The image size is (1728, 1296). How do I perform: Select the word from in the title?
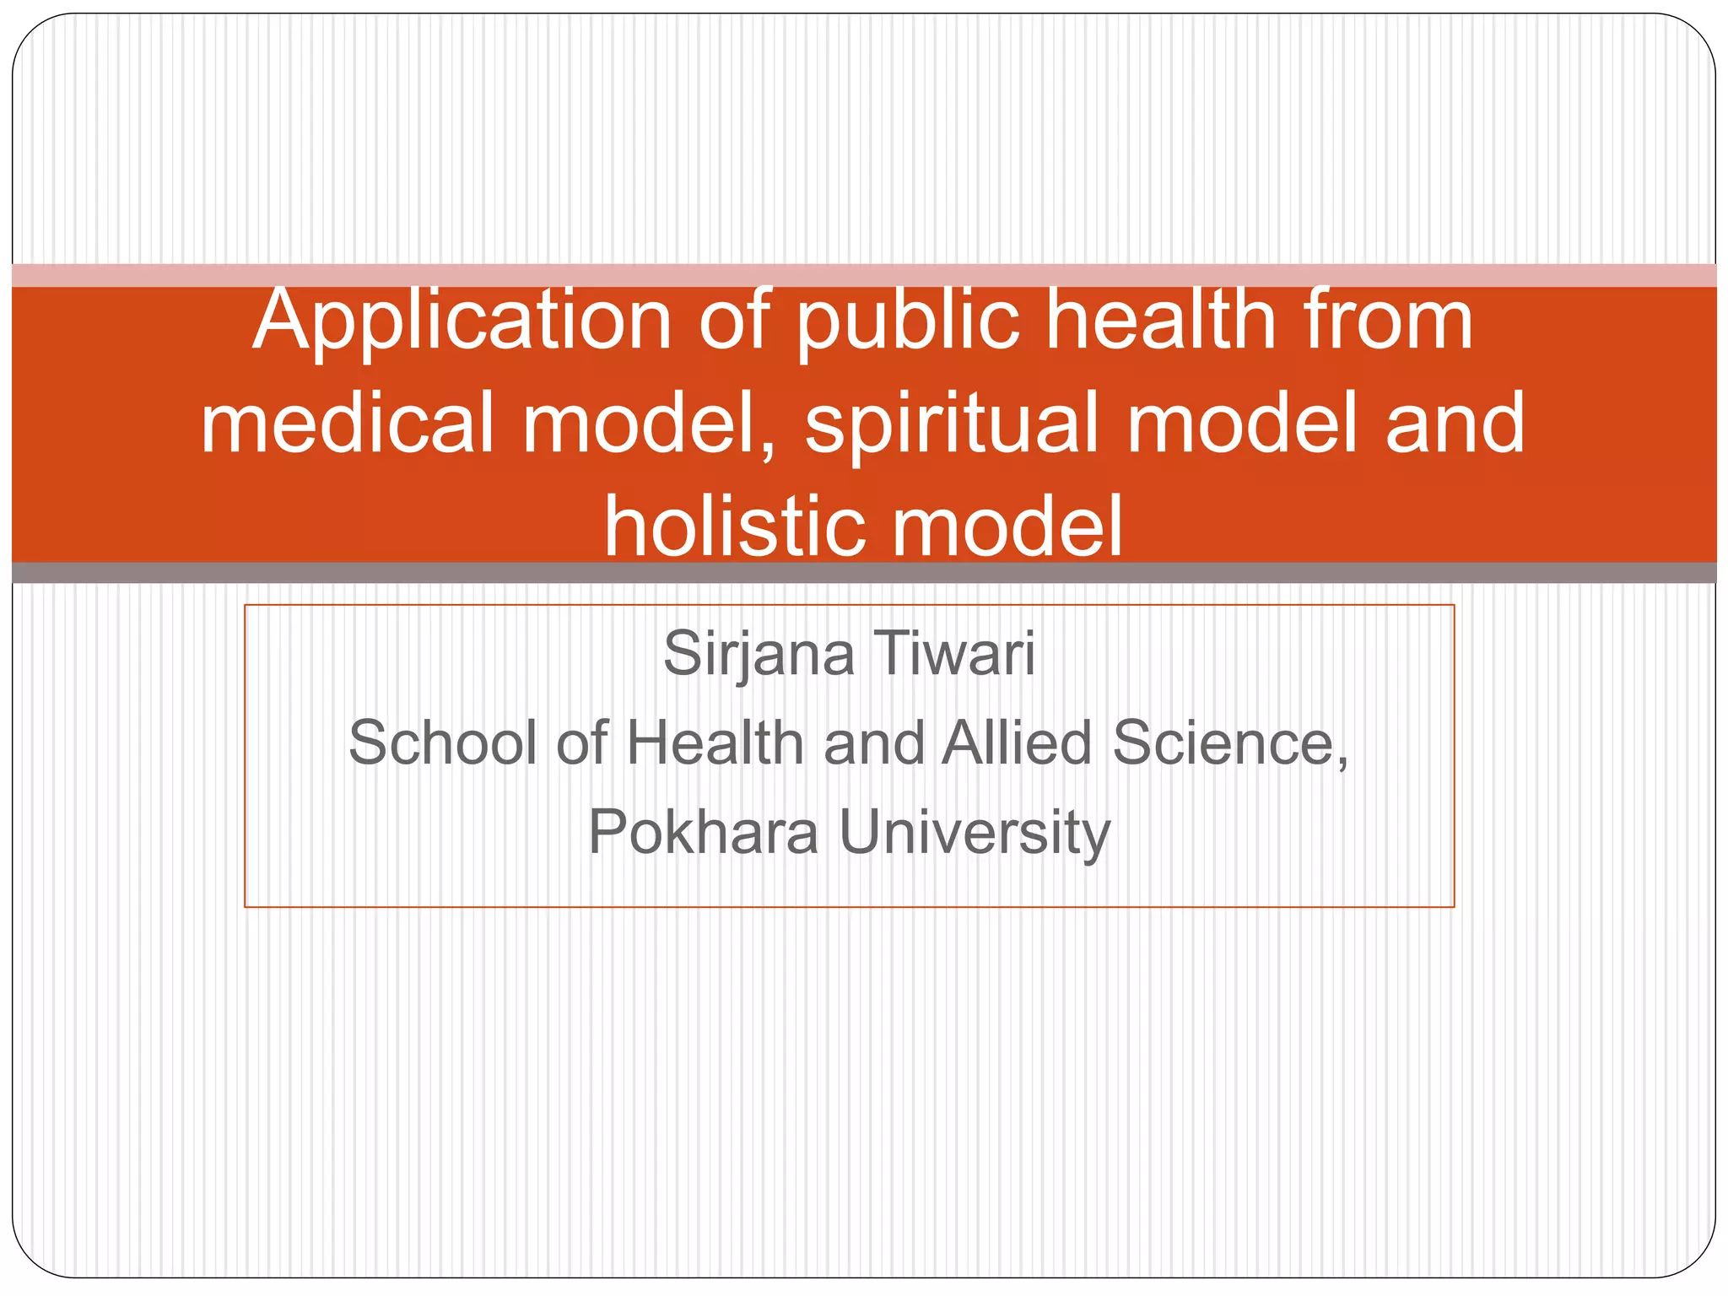1387,321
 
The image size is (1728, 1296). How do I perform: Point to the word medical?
347,423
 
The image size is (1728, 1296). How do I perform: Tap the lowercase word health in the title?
1161,321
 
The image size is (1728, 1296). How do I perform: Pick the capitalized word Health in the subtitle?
715,743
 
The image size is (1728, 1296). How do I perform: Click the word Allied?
1018,743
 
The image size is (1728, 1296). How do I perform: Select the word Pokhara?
703,833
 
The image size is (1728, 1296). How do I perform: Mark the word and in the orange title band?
1455,423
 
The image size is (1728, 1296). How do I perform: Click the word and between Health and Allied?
874,743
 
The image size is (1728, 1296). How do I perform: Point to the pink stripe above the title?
864,275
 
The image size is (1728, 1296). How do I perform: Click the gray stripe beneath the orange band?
864,573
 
